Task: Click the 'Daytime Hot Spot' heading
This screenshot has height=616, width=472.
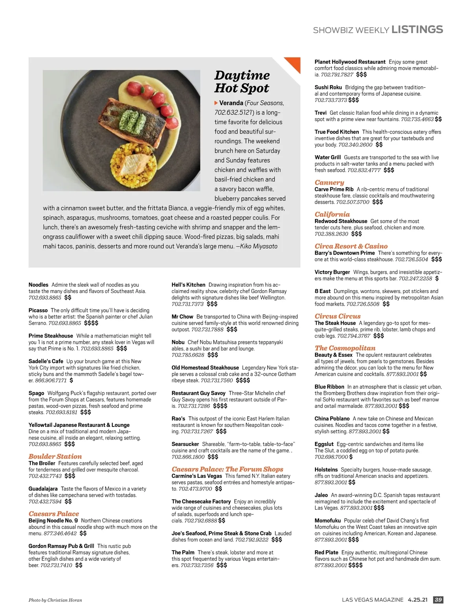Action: pyautogui.click(x=242, y=82)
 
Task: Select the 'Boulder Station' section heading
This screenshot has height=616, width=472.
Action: pyautogui.click(x=55, y=456)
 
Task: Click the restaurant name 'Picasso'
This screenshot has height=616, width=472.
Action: pyautogui.click(x=38, y=310)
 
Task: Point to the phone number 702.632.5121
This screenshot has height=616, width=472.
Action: pyautogui.click(x=233, y=113)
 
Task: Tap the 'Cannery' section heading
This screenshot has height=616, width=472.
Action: pyautogui.click(x=329, y=182)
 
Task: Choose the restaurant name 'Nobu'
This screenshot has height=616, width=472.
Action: pyautogui.click(x=178, y=342)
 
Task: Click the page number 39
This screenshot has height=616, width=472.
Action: pyautogui.click(x=438, y=600)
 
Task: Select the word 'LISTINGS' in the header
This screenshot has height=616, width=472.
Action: pyautogui.click(x=417, y=30)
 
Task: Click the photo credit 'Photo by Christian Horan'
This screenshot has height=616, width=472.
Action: pyautogui.click(x=55, y=600)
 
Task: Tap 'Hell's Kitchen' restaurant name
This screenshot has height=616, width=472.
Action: pyautogui.click(x=188, y=285)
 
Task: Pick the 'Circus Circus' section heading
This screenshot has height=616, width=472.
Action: pyautogui.click(x=337, y=316)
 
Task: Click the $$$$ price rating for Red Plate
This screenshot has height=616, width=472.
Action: pyautogui.click(x=356, y=565)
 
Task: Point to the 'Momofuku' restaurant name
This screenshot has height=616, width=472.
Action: pyautogui.click(x=328, y=521)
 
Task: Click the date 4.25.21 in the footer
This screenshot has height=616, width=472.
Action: pyautogui.click(x=417, y=600)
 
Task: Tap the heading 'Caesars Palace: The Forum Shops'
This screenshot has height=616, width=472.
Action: pyautogui.click(x=227, y=469)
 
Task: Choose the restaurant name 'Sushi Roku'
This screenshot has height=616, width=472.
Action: pyautogui.click(x=328, y=87)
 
